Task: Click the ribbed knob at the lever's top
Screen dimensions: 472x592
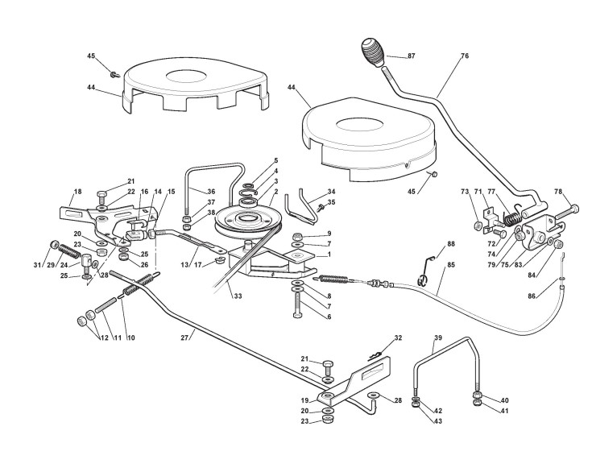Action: [373, 56]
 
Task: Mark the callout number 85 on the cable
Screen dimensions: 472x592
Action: [449, 265]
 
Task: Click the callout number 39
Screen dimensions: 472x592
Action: [438, 340]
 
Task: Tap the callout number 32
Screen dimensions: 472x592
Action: [398, 337]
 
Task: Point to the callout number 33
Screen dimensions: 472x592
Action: [238, 296]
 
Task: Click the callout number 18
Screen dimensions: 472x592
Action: [78, 192]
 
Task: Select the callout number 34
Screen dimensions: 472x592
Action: [330, 191]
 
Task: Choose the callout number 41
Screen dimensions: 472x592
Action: [505, 411]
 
